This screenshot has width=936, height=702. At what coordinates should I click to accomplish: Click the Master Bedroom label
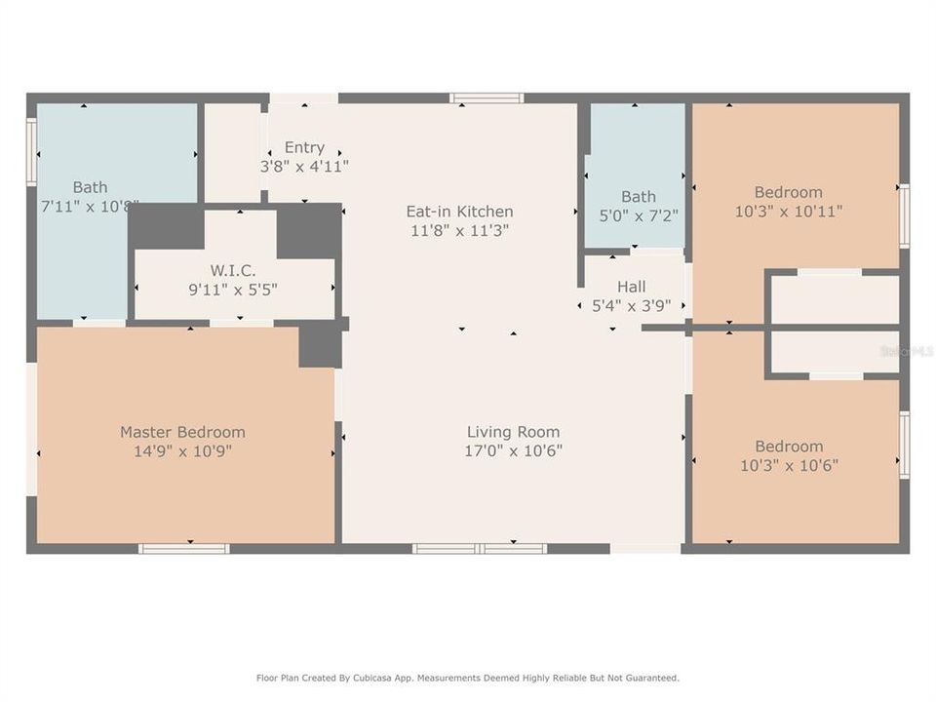[x=182, y=432]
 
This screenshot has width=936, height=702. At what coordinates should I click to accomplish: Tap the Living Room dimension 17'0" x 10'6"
[x=513, y=450]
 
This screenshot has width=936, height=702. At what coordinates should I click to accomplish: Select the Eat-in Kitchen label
[x=459, y=212]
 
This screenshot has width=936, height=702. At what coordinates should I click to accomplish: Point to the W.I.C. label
[x=233, y=270]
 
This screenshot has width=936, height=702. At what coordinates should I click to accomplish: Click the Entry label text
[x=304, y=148]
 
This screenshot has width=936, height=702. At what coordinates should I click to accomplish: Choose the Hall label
[x=631, y=287]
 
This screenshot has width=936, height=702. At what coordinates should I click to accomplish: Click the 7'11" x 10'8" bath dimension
[x=90, y=206]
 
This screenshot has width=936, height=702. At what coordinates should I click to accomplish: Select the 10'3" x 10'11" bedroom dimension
[x=788, y=211]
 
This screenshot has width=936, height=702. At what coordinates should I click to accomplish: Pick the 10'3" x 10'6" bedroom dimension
[x=789, y=465]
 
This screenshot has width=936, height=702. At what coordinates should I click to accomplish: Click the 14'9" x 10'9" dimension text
[x=182, y=450]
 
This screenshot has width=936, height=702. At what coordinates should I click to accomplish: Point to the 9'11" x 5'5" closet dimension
[x=233, y=289]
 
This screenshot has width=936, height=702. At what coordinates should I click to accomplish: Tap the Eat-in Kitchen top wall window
[x=487, y=97]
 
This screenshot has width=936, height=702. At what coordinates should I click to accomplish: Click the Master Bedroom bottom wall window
[x=184, y=549]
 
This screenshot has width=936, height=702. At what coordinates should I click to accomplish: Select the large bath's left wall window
[x=31, y=151]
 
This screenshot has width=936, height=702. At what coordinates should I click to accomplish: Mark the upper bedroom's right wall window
[x=905, y=215]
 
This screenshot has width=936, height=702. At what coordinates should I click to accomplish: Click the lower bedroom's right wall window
[x=905, y=445]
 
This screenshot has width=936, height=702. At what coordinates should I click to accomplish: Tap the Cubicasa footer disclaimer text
[x=468, y=678]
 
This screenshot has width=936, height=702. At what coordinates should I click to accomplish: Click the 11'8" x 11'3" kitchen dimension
[x=459, y=230]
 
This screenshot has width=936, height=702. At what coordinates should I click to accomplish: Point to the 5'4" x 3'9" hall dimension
[x=631, y=305]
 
